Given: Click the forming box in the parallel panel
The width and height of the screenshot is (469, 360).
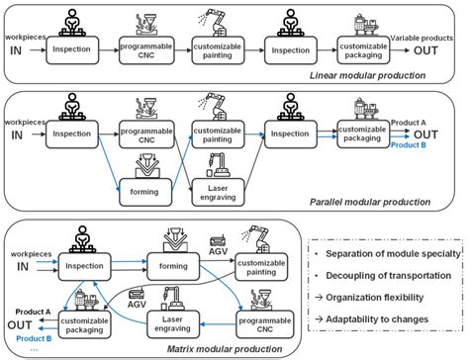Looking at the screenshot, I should tap(146, 178).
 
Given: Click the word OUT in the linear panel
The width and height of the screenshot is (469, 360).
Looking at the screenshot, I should tap(428, 49).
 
